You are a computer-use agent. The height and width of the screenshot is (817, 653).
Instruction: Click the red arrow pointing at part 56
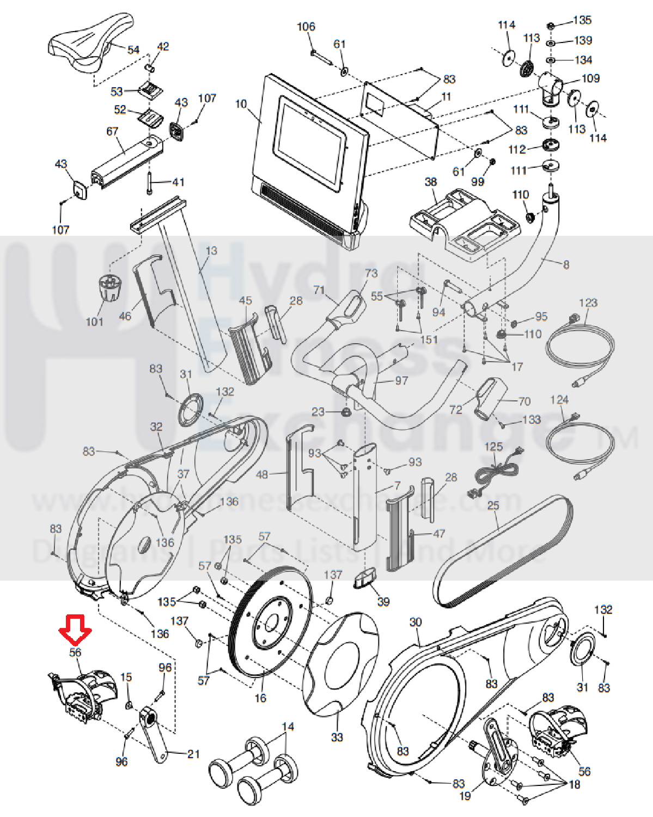tap(75, 628)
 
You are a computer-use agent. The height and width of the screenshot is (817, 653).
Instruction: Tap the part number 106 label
tap(306, 27)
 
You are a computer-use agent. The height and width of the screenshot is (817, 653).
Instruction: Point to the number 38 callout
tap(431, 181)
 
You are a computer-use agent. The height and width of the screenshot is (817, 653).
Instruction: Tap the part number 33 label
tap(337, 737)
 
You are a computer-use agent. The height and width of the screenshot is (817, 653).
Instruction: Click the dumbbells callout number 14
tap(288, 727)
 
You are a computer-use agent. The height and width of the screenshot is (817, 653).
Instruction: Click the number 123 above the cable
tap(588, 302)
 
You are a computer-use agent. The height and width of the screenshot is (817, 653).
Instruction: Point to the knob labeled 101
tap(109, 288)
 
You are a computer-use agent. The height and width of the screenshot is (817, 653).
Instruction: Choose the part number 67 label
tap(112, 131)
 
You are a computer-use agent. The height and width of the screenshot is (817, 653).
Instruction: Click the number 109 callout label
tap(591, 78)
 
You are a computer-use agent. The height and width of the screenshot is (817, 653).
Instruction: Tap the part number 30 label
tap(416, 622)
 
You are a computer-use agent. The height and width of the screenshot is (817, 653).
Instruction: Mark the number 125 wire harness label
tap(493, 447)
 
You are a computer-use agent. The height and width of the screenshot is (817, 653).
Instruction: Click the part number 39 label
tap(383, 602)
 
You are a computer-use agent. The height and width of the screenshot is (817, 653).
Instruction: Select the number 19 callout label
tap(465, 796)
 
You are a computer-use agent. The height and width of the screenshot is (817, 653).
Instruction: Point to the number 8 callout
tap(566, 265)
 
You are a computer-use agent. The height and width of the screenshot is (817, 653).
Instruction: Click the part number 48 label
tap(262, 474)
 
